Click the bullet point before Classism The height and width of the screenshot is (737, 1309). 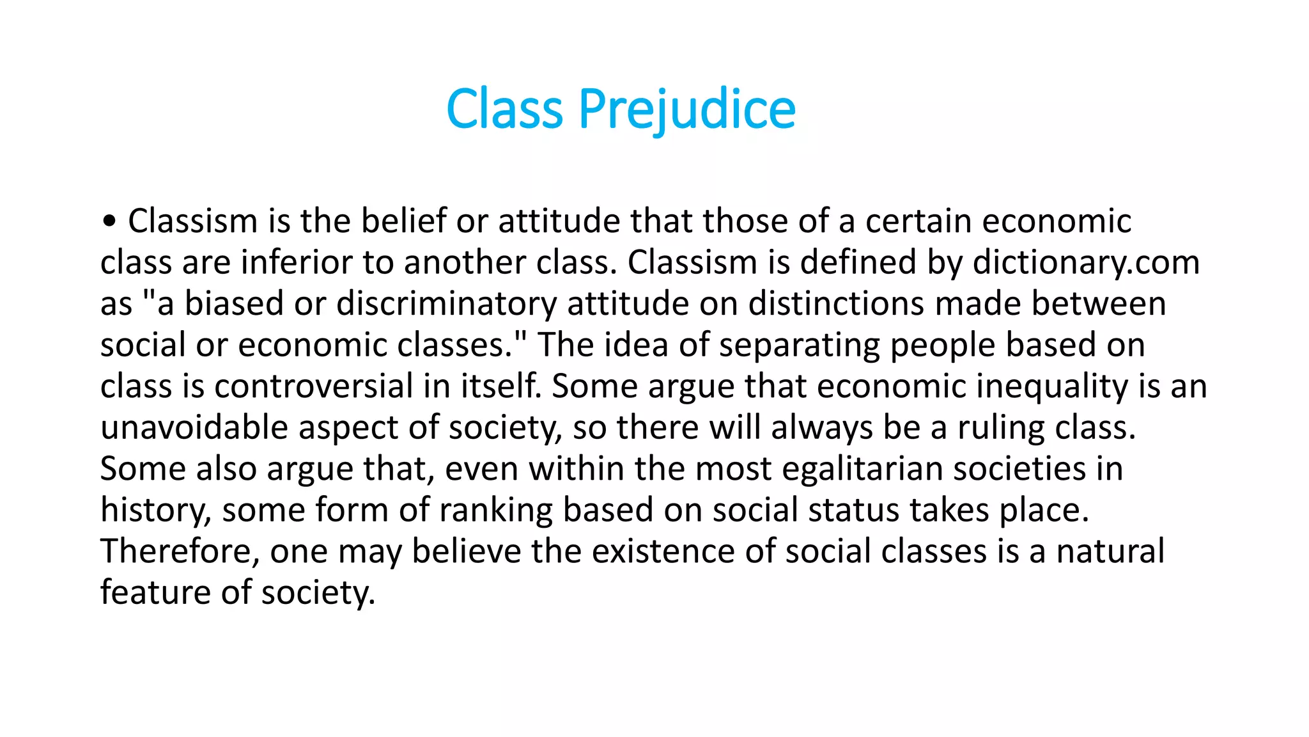109,221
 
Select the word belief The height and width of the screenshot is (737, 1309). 403,221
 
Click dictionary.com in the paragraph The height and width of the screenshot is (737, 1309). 1086,263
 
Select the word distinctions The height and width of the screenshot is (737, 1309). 836,304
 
